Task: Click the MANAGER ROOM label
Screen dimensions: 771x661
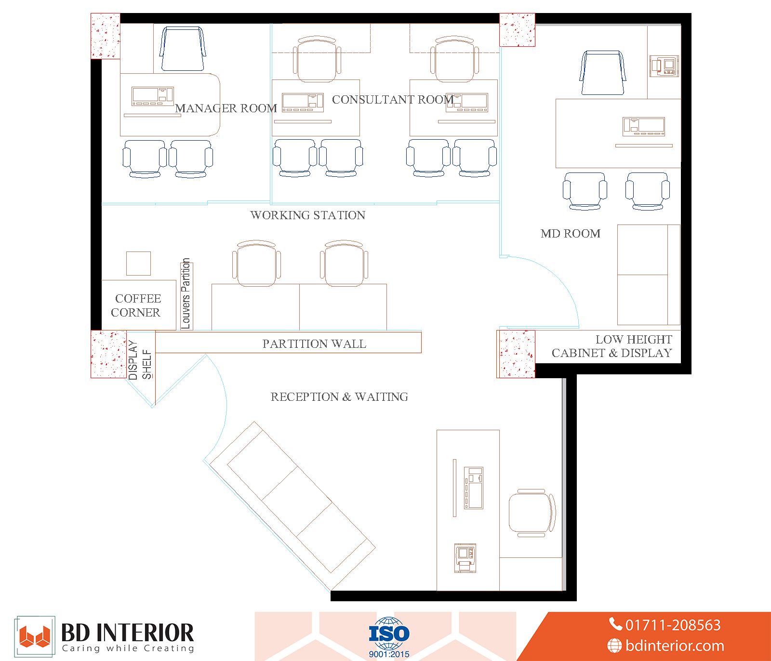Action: [226, 108]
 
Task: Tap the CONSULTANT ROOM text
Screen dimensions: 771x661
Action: [393, 100]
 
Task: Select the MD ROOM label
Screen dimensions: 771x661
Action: [571, 234]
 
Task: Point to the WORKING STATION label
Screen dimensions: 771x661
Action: [308, 215]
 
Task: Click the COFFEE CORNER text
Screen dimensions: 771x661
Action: [136, 305]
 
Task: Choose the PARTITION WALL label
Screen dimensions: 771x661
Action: [314, 344]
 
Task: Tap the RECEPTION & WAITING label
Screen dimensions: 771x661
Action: [339, 397]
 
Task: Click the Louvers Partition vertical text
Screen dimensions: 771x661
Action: [186, 293]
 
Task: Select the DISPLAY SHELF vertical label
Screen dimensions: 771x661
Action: [140, 360]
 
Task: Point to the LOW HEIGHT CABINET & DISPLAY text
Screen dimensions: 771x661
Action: [612, 346]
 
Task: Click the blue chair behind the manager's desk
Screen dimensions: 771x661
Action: [183, 49]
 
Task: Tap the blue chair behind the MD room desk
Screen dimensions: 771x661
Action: [603, 73]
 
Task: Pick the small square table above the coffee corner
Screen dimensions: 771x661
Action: [138, 264]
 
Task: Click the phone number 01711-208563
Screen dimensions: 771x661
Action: [665, 625]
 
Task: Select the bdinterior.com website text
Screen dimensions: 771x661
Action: [666, 646]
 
